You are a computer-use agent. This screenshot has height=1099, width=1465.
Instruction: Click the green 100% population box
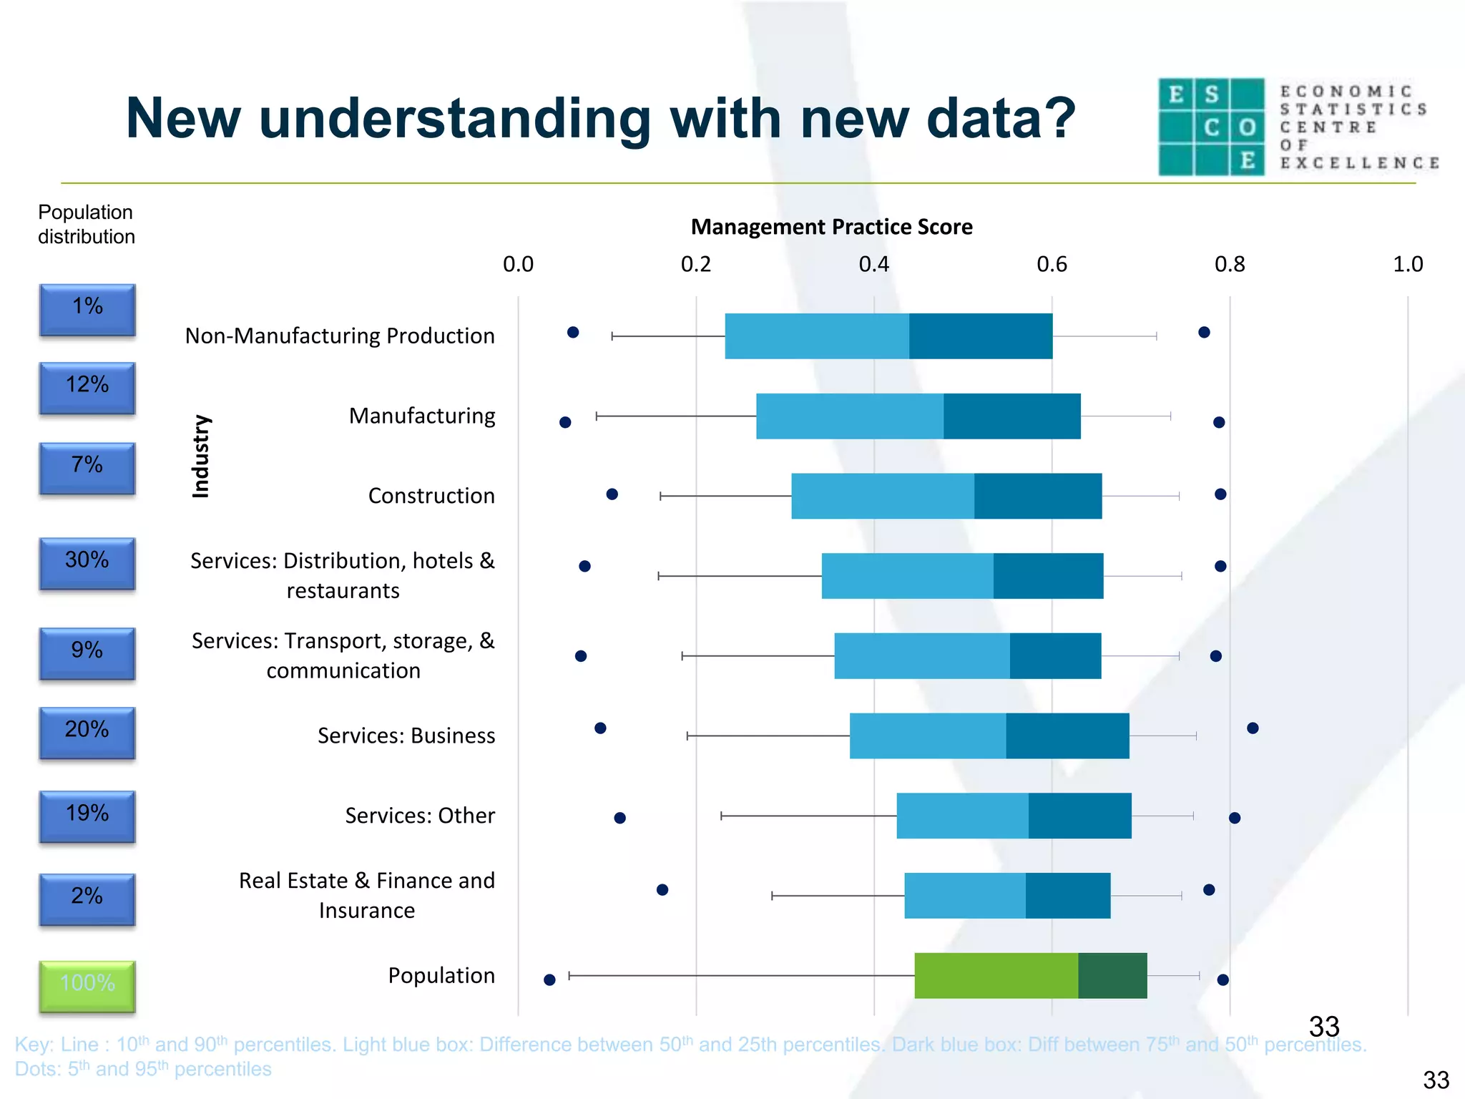pos(87,985)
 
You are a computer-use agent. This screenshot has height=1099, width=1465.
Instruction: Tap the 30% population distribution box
pos(87,562)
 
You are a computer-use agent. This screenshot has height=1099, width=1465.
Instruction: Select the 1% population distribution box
pos(87,309)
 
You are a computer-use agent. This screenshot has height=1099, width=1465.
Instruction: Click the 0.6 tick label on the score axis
pos(1052,265)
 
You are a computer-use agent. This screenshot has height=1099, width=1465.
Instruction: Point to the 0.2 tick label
pos(695,265)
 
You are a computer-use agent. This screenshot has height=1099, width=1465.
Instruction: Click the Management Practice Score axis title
pos(831,227)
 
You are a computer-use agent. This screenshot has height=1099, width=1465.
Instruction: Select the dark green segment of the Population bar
pos(1112,975)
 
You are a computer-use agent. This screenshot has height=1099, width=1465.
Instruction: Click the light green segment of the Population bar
pos(996,975)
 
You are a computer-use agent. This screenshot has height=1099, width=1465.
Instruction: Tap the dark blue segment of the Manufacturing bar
pos(1011,416)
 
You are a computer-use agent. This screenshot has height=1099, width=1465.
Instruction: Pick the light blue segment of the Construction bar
pos(882,496)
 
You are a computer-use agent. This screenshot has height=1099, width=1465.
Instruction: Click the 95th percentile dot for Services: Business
pos(1253,728)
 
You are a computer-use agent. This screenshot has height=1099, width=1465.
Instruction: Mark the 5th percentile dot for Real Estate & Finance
pos(662,889)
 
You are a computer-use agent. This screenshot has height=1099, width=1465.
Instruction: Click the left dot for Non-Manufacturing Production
pos(573,332)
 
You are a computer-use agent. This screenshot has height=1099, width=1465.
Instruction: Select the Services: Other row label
pos(420,816)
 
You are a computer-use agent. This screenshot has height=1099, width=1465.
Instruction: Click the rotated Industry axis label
pos(201,456)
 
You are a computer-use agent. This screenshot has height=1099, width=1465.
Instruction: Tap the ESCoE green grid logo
pos(1211,127)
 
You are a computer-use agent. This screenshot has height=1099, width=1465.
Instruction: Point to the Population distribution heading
pos(86,224)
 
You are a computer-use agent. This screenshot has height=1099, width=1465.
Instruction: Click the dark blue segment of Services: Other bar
pos(1079,816)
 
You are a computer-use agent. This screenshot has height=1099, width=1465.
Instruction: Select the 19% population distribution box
pos(87,816)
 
